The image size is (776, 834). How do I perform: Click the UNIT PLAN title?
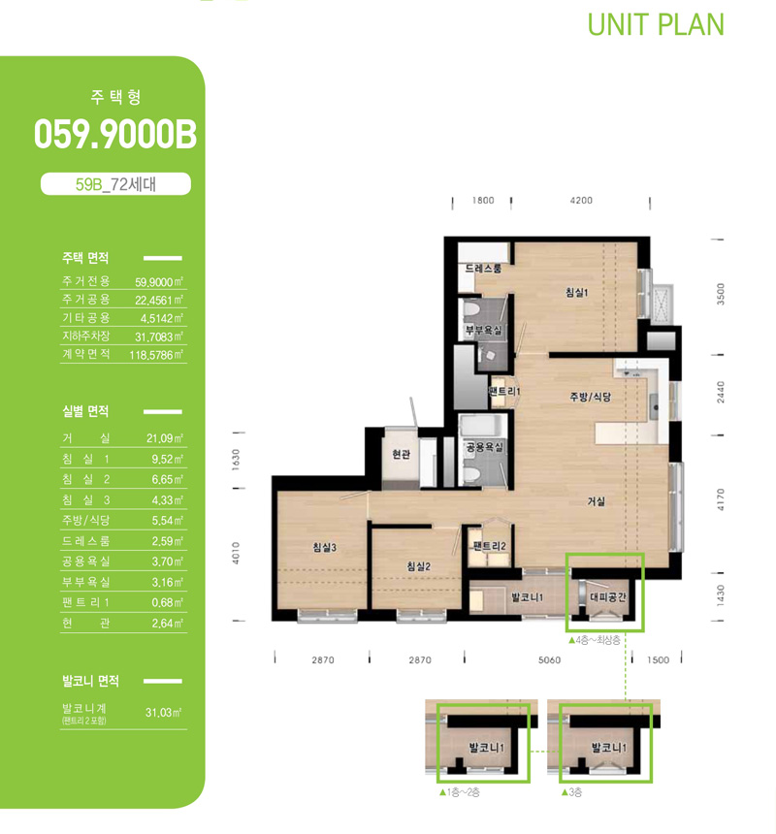tap(656, 24)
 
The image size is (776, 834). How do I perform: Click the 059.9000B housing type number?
tap(115, 134)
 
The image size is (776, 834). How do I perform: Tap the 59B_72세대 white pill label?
tap(115, 184)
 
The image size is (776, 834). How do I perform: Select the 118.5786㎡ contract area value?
tap(156, 355)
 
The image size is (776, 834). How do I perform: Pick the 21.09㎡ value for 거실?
tap(165, 438)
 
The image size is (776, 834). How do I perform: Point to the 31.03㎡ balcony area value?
tap(164, 712)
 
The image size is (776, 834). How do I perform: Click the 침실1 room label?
tap(576, 292)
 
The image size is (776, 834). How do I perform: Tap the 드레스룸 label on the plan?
tap(483, 269)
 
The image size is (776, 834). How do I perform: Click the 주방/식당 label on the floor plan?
tap(591, 397)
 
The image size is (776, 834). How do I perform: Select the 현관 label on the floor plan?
tap(401, 454)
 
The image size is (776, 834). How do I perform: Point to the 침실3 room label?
tap(324, 547)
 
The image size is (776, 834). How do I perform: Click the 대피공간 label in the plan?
tap(608, 596)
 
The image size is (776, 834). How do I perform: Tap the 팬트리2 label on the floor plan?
tap(489, 546)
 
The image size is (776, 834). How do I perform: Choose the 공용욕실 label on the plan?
tap(484, 447)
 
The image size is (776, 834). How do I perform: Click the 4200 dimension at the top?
tap(581, 201)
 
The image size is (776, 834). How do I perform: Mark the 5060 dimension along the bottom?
tap(549, 660)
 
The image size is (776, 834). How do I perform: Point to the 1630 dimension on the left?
tap(236, 460)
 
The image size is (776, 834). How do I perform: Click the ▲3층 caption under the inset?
tap(571, 792)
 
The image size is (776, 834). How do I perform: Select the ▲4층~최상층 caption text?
tap(594, 640)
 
